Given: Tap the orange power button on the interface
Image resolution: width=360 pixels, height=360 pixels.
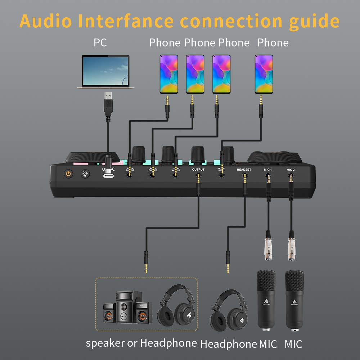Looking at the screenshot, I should coord(68,174).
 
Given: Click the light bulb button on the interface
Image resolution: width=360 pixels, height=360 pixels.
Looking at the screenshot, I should coord(85,174).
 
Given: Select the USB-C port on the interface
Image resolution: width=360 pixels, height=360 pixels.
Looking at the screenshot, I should coord(108,175).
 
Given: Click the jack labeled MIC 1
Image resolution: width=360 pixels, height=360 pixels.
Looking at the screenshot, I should coord(268,176).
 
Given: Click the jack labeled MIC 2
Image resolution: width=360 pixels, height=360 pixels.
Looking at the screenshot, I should coord(291,176).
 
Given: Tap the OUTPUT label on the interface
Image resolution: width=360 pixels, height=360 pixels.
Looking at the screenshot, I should coord(198,170).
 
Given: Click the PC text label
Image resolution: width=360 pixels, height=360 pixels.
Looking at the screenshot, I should coord(100,42).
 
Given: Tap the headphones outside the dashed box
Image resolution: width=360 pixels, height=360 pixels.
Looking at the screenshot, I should coord(229,310).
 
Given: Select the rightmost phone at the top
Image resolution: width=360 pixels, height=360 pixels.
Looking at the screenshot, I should coord(264,74).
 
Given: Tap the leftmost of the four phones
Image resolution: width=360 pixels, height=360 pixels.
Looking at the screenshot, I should coord(169,74).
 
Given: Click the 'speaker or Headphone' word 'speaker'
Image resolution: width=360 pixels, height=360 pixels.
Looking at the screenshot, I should coord(105,343).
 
